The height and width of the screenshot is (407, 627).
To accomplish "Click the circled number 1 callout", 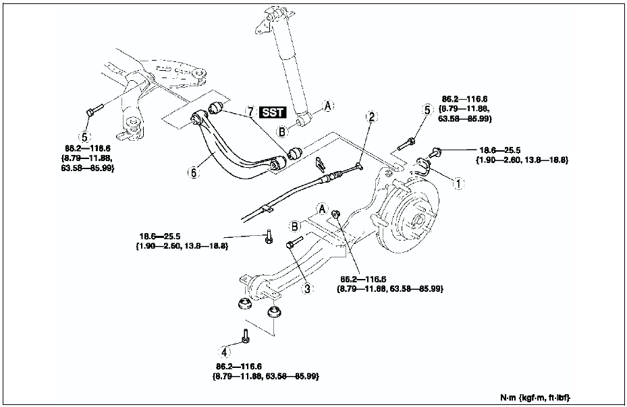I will [x=458, y=182].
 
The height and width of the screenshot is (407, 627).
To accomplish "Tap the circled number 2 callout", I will [x=371, y=117].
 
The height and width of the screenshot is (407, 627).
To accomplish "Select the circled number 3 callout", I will [x=307, y=288].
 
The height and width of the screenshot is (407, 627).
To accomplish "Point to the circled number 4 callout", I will [x=225, y=351].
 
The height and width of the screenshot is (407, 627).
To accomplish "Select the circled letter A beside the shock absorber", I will [x=328, y=105].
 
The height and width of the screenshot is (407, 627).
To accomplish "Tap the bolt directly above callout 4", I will [x=246, y=334].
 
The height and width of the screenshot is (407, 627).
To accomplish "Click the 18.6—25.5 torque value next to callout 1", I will [x=500, y=151].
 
